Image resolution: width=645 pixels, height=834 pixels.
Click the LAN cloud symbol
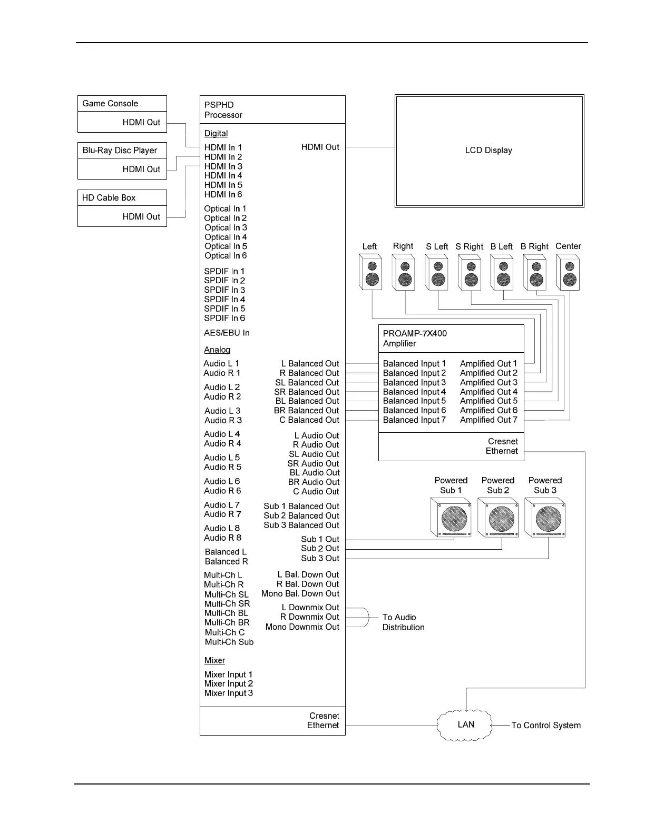pos(465,725)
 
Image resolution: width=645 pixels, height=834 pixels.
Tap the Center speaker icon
pos(568,273)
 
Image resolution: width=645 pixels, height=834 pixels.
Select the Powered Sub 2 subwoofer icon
pos(499,518)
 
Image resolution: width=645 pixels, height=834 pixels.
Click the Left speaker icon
pos(370,273)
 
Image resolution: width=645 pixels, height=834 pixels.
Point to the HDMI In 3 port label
pos(223,166)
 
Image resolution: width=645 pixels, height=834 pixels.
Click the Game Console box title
pos(110,104)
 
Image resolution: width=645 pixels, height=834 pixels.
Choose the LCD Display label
pos(488,151)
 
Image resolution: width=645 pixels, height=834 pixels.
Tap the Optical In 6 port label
pos(226,256)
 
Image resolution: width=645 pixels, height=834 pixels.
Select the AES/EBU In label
pos(227,333)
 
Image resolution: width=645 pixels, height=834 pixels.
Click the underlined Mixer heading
pos(214,661)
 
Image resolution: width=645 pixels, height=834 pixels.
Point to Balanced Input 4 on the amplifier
pos(414,392)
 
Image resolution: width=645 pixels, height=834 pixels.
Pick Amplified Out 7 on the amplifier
pos(488,420)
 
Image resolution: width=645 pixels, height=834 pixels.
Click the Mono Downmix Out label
pos(302,627)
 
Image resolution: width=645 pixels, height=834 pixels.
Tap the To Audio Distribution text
pos(403,622)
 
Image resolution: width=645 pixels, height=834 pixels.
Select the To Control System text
pos(546,726)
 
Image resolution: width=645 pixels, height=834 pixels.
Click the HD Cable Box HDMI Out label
pos(141,217)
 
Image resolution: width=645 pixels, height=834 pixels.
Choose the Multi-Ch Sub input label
pos(229,642)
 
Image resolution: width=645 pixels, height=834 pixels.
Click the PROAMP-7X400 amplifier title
pos(415,334)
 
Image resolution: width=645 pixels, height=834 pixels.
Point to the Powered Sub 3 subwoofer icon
pos(545,518)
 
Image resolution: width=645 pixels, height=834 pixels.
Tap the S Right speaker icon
pos(470,273)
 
